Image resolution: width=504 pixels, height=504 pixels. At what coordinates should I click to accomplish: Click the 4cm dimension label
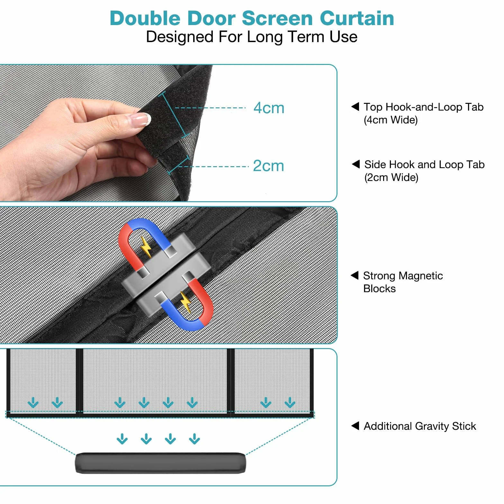coord(269,108)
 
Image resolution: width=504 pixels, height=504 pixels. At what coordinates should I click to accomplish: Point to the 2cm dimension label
coord(268,166)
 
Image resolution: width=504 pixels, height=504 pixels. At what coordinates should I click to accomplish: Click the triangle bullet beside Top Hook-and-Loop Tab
coord(355,106)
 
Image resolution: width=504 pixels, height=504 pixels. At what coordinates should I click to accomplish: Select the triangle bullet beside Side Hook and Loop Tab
coord(356,164)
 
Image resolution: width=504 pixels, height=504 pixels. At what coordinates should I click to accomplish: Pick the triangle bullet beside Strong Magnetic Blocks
coord(355,275)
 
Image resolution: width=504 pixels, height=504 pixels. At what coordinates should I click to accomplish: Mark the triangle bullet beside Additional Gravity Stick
coord(355,426)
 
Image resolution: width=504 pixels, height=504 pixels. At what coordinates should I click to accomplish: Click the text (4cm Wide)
coord(391,120)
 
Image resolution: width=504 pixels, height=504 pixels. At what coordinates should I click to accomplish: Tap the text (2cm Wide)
coord(392,177)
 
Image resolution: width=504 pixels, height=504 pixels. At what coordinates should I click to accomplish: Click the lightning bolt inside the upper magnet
coord(146,247)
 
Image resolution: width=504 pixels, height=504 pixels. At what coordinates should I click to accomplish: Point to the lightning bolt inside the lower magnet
coord(185,302)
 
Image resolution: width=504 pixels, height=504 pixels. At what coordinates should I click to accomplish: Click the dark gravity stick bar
coord(160,463)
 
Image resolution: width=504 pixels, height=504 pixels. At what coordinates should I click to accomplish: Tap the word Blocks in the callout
coord(379,289)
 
